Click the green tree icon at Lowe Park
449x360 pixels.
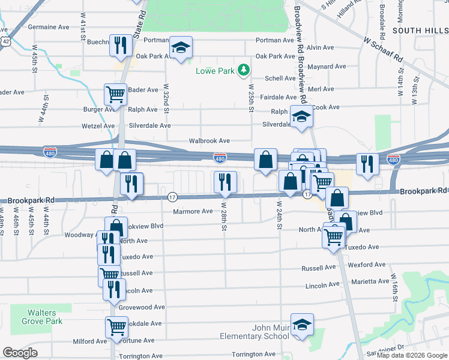point(243,71)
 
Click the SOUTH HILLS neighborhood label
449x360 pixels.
point(420,29)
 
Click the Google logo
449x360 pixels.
point(20,353)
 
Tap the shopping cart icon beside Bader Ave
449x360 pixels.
point(115,94)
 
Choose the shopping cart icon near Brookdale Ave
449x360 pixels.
point(116,327)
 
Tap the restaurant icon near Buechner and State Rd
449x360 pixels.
point(121,45)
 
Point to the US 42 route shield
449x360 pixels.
point(5,41)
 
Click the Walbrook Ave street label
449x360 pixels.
point(209,140)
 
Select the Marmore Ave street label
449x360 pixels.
point(193,211)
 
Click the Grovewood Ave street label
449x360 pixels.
point(142,307)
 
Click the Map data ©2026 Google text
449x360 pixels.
point(411,355)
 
